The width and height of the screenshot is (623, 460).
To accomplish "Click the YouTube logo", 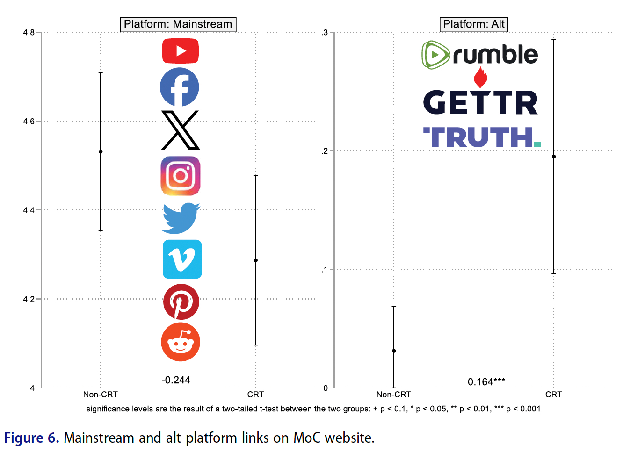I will (x=181, y=51).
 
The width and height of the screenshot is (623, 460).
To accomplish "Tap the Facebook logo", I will (x=180, y=87).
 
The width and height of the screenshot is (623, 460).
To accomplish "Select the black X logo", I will (x=181, y=130).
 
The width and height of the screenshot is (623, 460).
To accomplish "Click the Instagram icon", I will (x=181, y=176).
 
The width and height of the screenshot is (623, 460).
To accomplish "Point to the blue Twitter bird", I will (x=181, y=218).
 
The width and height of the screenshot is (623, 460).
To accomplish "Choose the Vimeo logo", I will (x=182, y=259).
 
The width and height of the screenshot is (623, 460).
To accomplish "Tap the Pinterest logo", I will (x=181, y=302).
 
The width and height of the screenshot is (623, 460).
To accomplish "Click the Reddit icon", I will (x=181, y=342).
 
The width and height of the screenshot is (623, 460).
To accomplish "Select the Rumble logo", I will (x=480, y=55).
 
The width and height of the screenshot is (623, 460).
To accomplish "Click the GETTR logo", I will (x=480, y=102).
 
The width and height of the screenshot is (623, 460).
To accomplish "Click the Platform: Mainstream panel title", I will (x=178, y=24).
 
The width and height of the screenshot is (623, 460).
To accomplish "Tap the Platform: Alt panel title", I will (x=474, y=24).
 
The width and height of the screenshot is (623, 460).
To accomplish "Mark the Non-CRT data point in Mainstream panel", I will (x=101, y=151).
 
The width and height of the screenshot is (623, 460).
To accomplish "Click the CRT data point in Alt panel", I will (x=554, y=157).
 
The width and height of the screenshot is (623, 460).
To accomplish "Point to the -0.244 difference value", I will (x=176, y=380).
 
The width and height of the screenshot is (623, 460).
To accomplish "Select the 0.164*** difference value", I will (x=486, y=382).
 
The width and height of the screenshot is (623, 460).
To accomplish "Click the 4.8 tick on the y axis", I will (x=29, y=32).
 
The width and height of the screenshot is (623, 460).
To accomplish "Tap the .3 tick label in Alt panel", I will (x=325, y=33).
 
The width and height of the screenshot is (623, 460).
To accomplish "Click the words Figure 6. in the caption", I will (x=31, y=438).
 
